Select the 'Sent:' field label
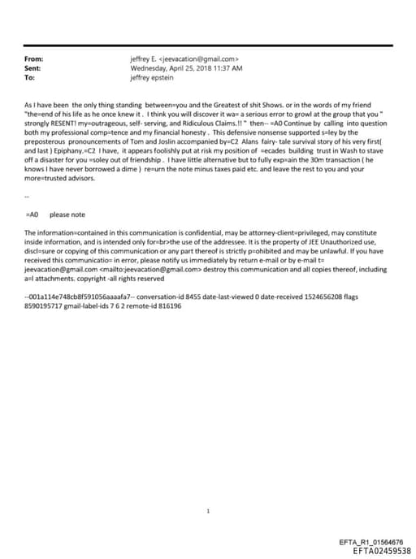click(x=33, y=69)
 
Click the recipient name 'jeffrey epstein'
click(x=153, y=79)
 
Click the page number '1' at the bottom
click(x=208, y=488)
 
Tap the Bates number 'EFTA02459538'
click(x=376, y=550)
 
